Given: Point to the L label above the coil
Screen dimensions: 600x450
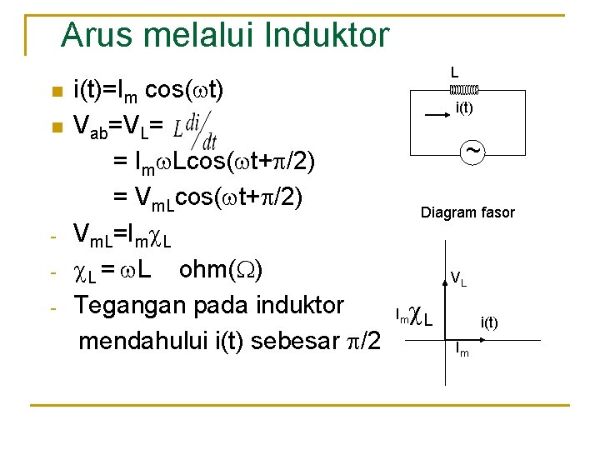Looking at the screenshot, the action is (x=455, y=73).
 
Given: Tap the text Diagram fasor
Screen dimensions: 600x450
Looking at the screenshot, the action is (x=467, y=212).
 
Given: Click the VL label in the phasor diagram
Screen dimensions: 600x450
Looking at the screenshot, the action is (x=458, y=278).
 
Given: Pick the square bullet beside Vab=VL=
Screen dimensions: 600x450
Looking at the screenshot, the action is (x=55, y=127).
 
